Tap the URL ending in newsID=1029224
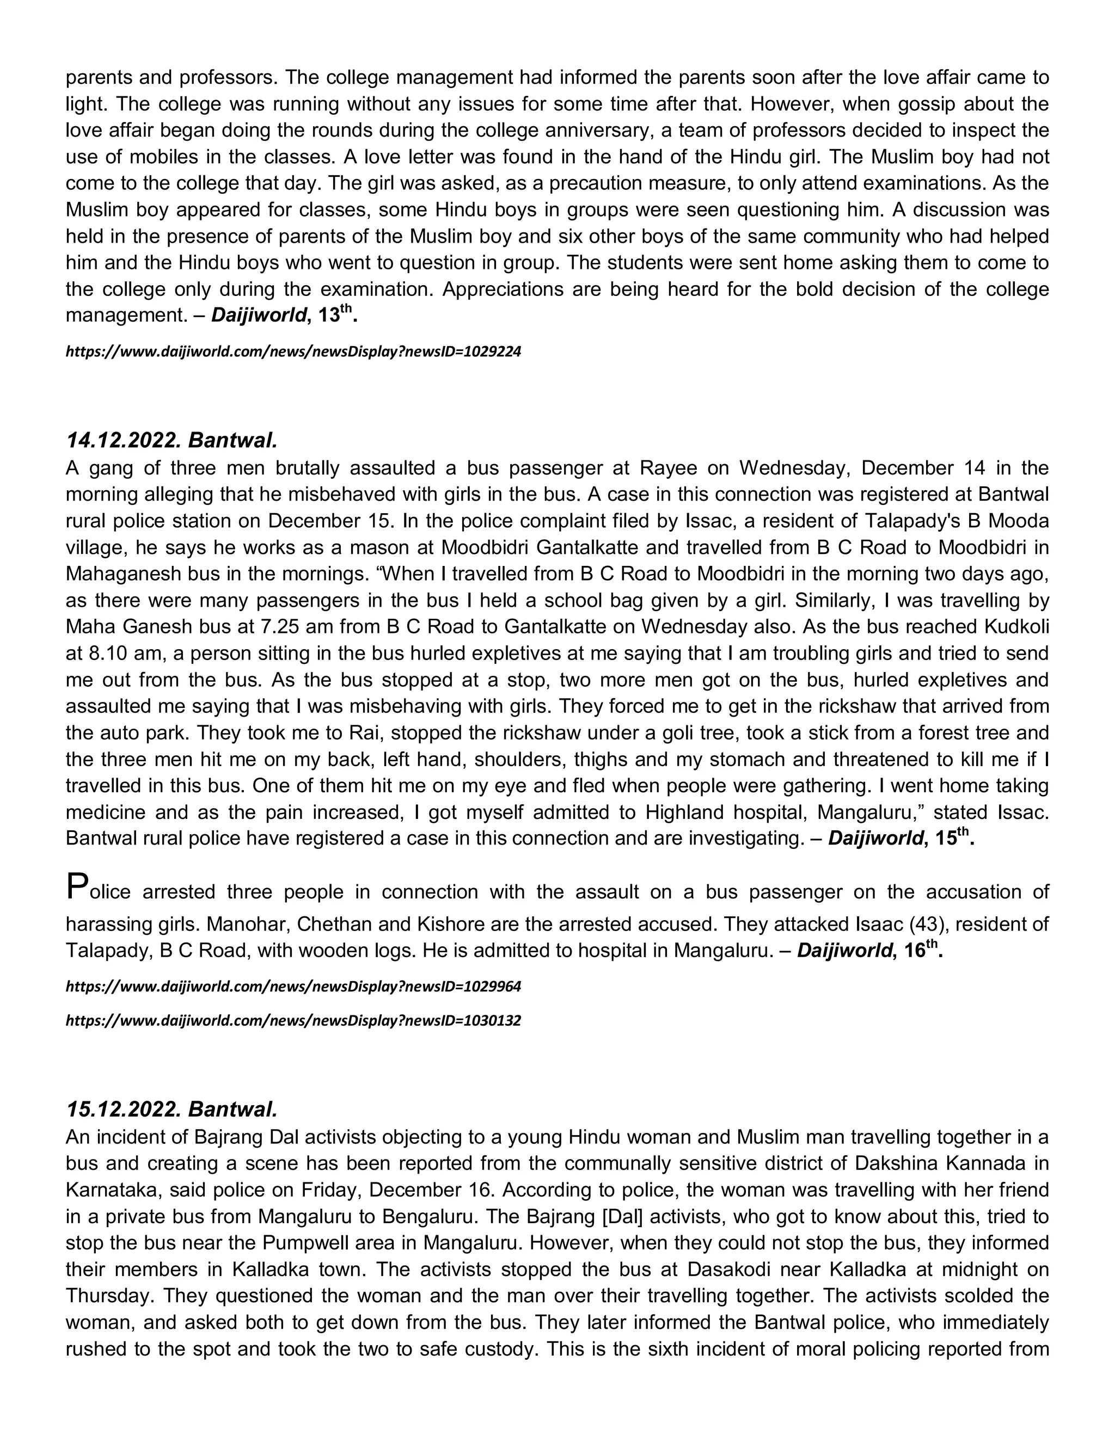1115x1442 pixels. pyautogui.click(x=293, y=352)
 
